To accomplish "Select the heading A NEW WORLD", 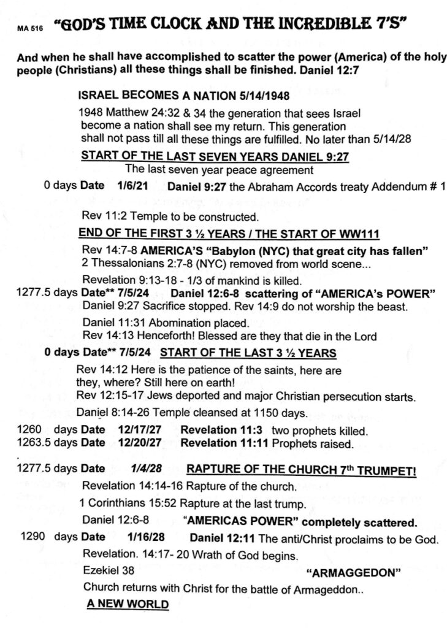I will [x=128, y=604].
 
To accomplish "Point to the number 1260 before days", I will [x=27, y=431].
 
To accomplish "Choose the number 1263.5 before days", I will [x=32, y=443].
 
